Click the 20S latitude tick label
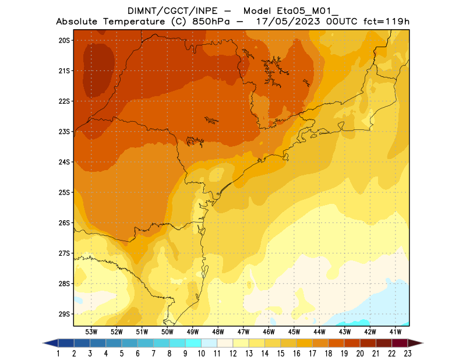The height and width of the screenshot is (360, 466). (x=64, y=40)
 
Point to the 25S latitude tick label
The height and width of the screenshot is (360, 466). (x=64, y=192)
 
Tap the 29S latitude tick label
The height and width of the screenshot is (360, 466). (x=64, y=314)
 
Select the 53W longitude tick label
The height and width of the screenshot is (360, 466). (x=91, y=331)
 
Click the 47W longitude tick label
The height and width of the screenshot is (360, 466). (x=243, y=331)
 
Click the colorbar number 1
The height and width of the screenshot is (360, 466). (x=59, y=353)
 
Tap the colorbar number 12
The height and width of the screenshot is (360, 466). (x=233, y=353)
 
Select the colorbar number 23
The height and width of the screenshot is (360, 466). (x=407, y=353)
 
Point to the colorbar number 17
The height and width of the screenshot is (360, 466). (x=312, y=353)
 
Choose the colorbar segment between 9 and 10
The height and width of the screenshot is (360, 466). (x=193, y=343)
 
